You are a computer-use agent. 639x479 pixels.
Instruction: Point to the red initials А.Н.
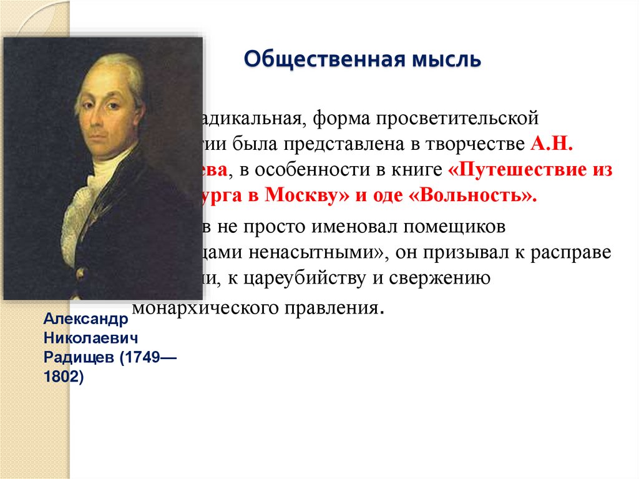(554, 143)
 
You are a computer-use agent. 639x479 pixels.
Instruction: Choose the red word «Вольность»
(478, 195)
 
